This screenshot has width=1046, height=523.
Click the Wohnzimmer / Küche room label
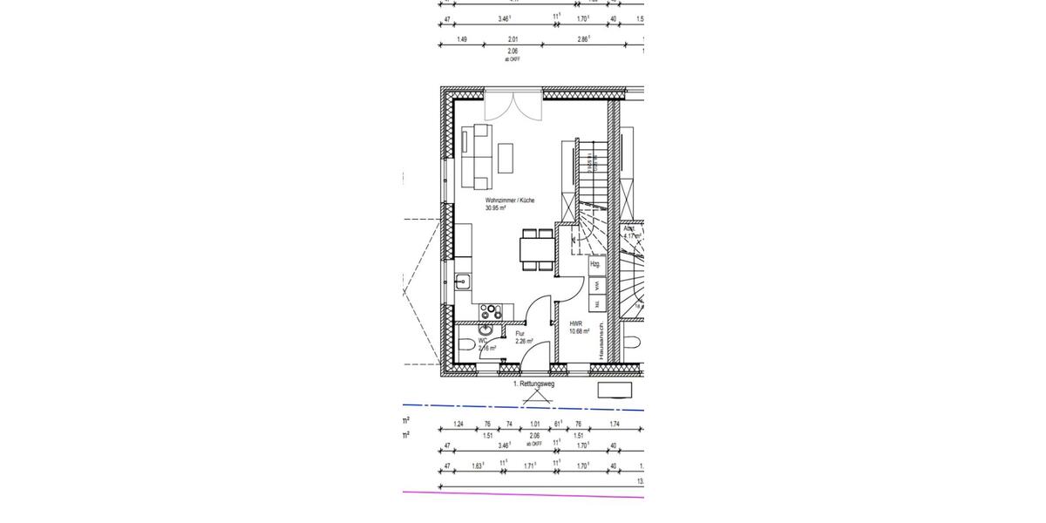pyautogui.click(x=510, y=200)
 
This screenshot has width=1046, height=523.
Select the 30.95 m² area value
pyautogui.click(x=496, y=208)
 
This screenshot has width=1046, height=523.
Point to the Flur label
pyautogui.click(x=520, y=334)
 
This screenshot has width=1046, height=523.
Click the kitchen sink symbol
pyautogui.click(x=462, y=282)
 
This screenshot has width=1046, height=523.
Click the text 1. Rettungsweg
pyautogui.click(x=533, y=383)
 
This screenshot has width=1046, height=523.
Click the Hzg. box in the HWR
pyautogui.click(x=595, y=263)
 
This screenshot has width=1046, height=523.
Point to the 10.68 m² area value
pyautogui.click(x=579, y=331)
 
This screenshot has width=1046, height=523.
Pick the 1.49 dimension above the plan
pyautogui.click(x=462, y=39)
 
